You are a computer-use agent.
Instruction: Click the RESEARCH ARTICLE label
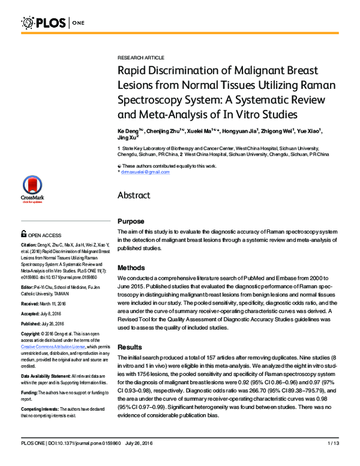(141, 57)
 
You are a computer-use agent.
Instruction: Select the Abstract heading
(137, 195)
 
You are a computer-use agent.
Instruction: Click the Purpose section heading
(131, 222)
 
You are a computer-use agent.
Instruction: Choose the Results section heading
(130, 347)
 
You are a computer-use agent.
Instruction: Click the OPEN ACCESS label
(47, 236)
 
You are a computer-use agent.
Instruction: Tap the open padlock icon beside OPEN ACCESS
(23, 235)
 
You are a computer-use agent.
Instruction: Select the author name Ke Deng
(130, 131)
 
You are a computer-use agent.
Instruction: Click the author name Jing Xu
(128, 139)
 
